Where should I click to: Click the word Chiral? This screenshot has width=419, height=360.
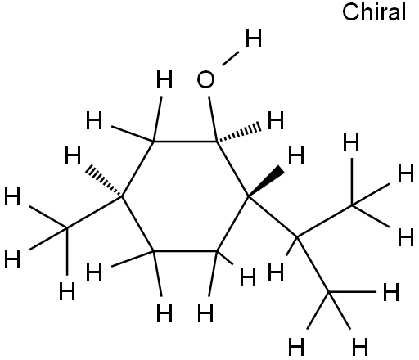[x=374, y=12]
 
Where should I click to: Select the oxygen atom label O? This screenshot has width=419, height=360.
[x=205, y=79]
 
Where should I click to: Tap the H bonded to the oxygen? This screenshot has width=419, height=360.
[x=254, y=38]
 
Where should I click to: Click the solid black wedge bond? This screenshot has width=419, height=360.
[x=266, y=182]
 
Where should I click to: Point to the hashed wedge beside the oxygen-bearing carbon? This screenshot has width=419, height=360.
[x=239, y=133]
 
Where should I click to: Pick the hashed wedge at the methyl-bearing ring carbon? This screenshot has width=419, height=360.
[x=104, y=182]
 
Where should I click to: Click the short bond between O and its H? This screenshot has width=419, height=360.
[x=231, y=59]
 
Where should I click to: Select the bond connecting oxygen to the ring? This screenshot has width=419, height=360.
[x=213, y=119]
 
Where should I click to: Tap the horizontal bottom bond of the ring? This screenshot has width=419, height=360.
[x=186, y=250]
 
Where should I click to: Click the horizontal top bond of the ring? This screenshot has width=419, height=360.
[x=186, y=142]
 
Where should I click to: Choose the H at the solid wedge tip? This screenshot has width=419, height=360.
[x=296, y=155]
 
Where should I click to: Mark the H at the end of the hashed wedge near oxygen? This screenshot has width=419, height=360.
[x=276, y=120]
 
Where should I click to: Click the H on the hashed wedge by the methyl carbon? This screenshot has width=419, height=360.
[x=73, y=155]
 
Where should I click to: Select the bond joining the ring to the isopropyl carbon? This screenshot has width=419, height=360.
[x=273, y=216]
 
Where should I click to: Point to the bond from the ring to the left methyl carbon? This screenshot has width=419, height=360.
[x=95, y=212]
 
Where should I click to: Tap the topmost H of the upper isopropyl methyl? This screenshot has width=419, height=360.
[x=351, y=142]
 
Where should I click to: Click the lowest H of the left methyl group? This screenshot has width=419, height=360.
[x=67, y=291]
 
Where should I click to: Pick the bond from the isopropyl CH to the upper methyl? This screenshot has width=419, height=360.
[x=325, y=221]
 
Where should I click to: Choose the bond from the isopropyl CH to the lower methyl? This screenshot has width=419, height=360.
[x=313, y=264]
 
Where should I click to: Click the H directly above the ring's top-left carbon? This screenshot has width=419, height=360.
[x=164, y=79]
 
